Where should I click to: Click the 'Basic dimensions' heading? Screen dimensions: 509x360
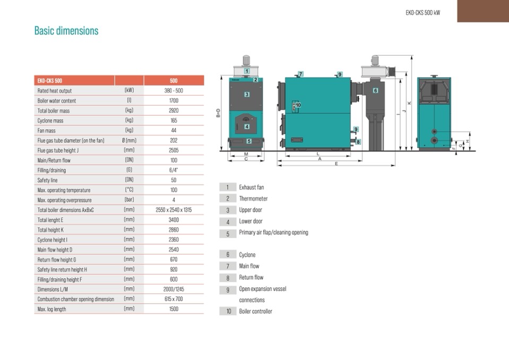pos(66,31)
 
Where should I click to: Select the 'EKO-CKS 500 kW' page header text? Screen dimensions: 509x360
pos(422,13)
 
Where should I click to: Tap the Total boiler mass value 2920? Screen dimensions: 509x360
pos(174,110)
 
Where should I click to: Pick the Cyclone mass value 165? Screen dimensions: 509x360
pos(174,121)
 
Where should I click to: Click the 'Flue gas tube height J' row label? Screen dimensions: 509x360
pos(58,150)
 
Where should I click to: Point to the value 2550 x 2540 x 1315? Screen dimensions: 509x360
pos(174,210)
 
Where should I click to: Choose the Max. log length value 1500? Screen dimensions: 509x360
pos(174,308)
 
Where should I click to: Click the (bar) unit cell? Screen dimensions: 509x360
pos(129,200)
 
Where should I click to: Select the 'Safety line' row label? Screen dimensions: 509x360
pos(47,180)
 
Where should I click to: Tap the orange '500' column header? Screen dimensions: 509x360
pos(174,81)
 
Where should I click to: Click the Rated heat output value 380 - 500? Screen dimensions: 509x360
pos(174,91)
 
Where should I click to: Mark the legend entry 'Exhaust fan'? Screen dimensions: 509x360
pos(252,187)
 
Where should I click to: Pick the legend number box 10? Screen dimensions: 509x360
pos(228,311)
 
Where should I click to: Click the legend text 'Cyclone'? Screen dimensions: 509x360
pos(247,255)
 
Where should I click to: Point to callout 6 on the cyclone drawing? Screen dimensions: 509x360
pos(376,90)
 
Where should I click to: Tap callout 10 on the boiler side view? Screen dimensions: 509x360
pos(298,105)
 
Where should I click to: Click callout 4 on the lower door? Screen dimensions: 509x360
pos(247,126)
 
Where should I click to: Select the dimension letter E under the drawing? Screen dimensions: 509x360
pos(337,164)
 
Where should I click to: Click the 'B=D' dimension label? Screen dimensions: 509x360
pos(218,113)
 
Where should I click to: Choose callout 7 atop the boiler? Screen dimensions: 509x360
pos(301,74)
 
